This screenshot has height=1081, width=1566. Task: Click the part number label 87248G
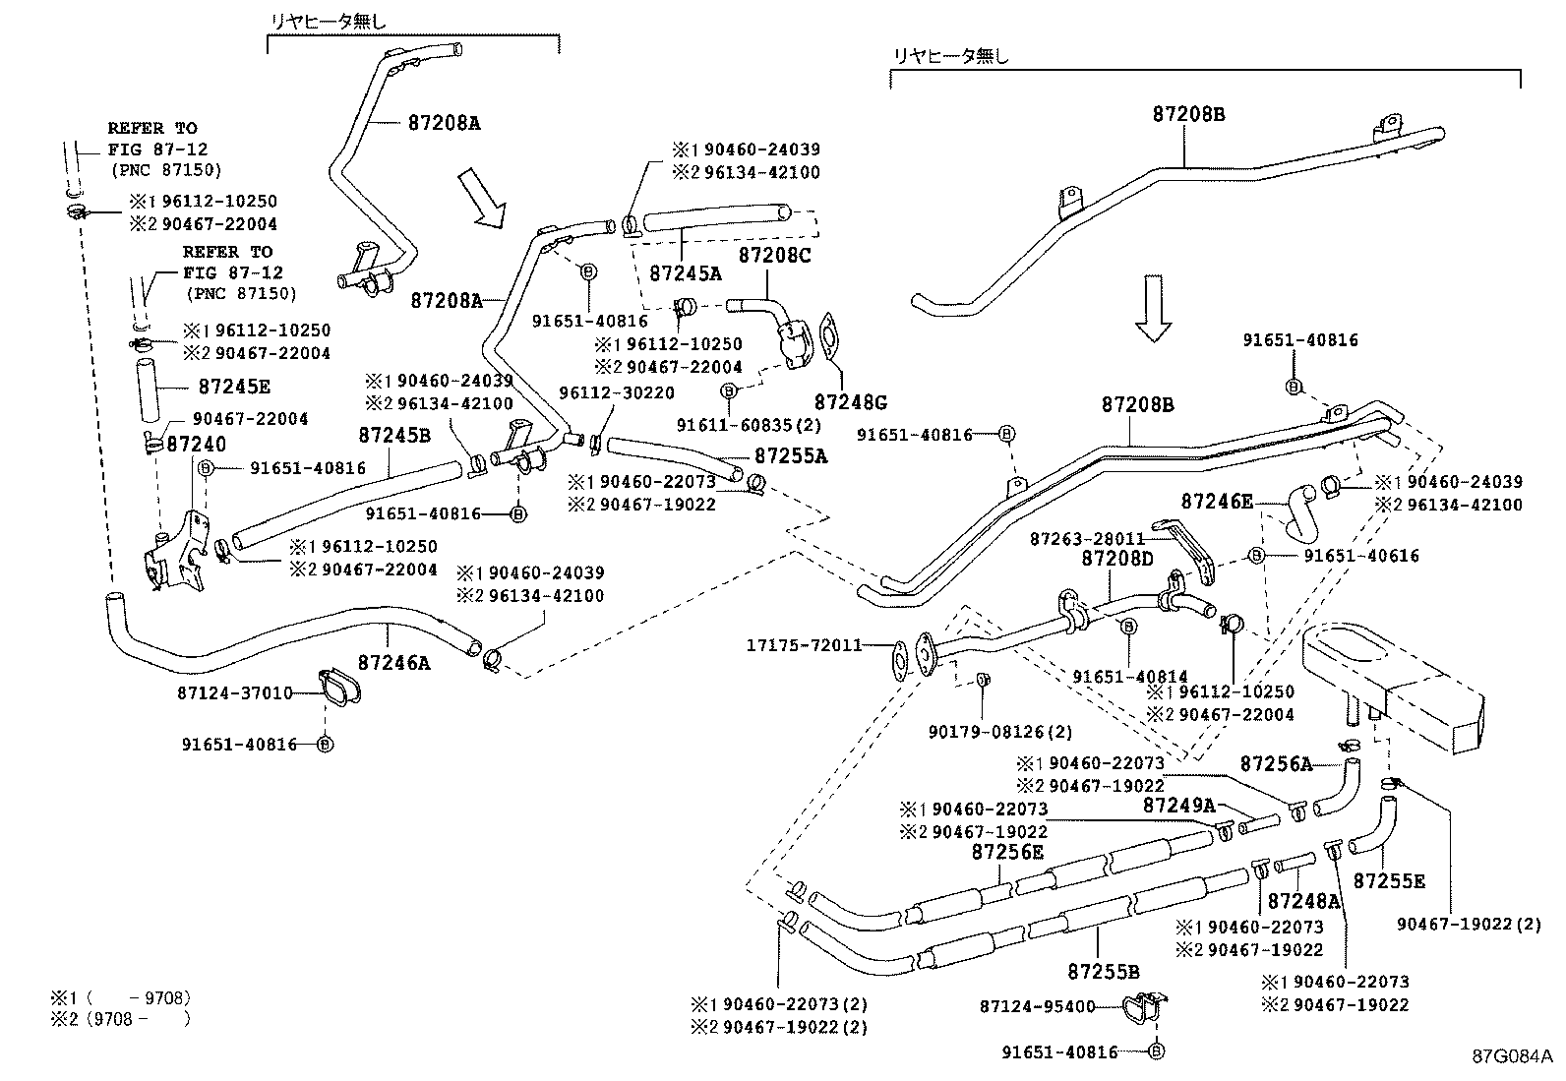pyautogui.click(x=850, y=402)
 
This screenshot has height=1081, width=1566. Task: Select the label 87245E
pyautogui.click(x=234, y=387)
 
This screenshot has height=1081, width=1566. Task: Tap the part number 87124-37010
pyautogui.click(x=235, y=693)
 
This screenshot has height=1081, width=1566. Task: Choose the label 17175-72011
pyautogui.click(x=804, y=646)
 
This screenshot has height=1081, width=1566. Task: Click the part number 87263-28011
pyautogui.click(x=1087, y=539)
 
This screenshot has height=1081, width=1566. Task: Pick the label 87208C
pyautogui.click(x=775, y=255)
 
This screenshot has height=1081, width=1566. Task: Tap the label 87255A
pyautogui.click(x=791, y=456)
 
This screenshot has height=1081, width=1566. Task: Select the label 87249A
pyautogui.click(x=1178, y=806)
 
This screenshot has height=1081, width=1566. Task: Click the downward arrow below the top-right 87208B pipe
pyautogui.click(x=1154, y=308)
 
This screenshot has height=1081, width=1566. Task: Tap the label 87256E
pyautogui.click(x=1007, y=852)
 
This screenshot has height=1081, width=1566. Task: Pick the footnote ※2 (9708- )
pyautogui.click(x=122, y=1019)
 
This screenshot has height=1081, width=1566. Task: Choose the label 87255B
pyautogui.click(x=1103, y=972)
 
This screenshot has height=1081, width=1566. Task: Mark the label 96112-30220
pyautogui.click(x=617, y=392)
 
